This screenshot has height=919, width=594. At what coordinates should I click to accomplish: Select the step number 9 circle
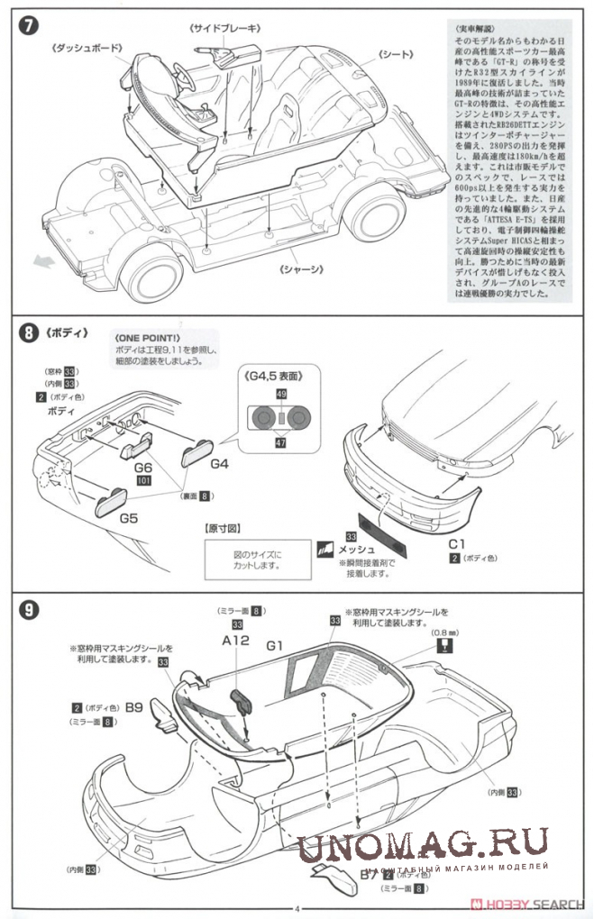[29, 610]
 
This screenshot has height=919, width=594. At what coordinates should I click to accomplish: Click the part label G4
[220, 465]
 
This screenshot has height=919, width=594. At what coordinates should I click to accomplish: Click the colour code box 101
[142, 482]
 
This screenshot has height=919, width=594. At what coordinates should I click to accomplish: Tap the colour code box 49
[281, 395]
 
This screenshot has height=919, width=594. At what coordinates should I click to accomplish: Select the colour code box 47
[281, 443]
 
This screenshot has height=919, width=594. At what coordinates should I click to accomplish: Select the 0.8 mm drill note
[444, 632]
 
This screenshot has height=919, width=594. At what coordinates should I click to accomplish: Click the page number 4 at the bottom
[297, 909]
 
